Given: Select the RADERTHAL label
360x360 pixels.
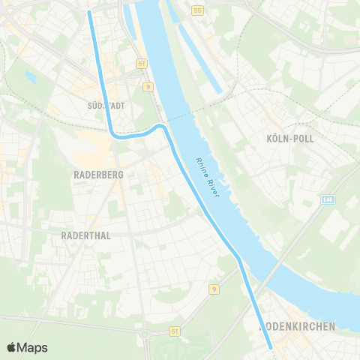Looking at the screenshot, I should coord(85,235).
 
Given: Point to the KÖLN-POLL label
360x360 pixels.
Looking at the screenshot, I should coord(289,139).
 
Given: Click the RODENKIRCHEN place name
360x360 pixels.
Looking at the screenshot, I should coord(297,326).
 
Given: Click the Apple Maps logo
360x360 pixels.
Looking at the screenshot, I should coord(27,347).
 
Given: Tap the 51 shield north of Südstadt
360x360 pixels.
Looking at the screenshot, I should coord(142,64).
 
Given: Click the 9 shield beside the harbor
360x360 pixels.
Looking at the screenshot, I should coord(149,87).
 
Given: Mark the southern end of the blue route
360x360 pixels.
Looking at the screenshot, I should coord(270,347).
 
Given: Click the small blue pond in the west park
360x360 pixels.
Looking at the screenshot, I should coord(31,76).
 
